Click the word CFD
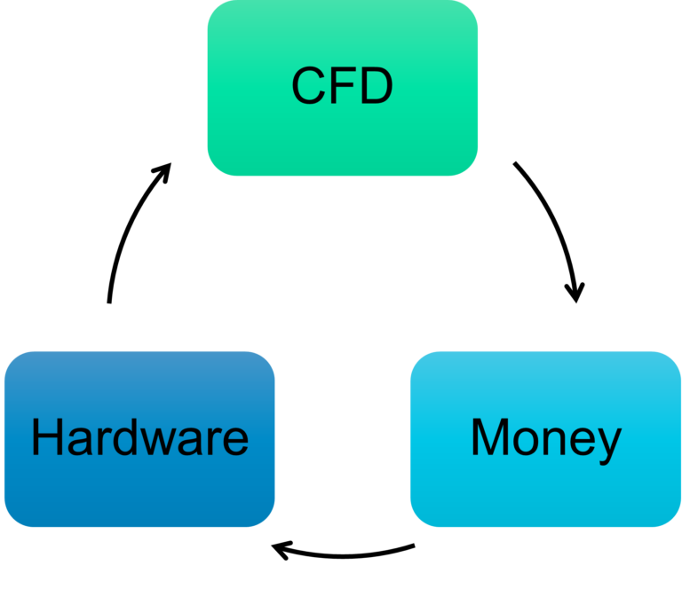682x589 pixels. click(x=343, y=86)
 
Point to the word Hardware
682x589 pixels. click(x=139, y=438)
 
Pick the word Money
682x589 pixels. click(x=545, y=438)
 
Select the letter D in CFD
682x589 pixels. click(x=375, y=86)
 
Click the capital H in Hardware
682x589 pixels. click(x=46, y=438)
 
